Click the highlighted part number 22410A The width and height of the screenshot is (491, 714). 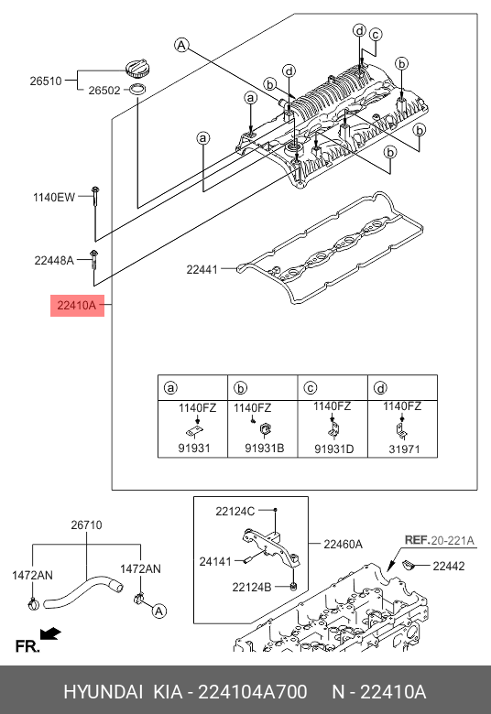[x=77, y=306]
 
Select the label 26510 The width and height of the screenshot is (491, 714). [x=46, y=81]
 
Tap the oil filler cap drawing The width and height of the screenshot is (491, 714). [x=136, y=69]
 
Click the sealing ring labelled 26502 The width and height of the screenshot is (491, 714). [x=137, y=90]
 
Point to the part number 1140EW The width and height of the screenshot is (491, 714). [x=54, y=198]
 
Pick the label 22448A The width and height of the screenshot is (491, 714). [x=54, y=261]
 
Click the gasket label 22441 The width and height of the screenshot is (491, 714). [x=202, y=269]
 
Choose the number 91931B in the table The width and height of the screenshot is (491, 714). [x=265, y=449]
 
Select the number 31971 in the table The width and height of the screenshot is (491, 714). [x=404, y=449]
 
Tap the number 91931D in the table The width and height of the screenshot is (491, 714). [x=334, y=449]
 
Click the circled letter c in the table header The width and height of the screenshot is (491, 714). [x=310, y=388]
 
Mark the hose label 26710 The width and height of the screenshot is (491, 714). [x=87, y=525]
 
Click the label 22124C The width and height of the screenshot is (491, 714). [x=235, y=512]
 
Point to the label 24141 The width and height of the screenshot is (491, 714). [x=215, y=562]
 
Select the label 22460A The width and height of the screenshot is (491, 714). [x=344, y=544]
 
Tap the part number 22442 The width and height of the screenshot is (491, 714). [x=449, y=566]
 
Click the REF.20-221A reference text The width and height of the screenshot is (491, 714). [x=440, y=540]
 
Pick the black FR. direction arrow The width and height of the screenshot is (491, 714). [x=50, y=633]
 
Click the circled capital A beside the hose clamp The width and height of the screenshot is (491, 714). [x=158, y=611]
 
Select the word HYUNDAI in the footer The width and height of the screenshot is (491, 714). [x=103, y=692]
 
